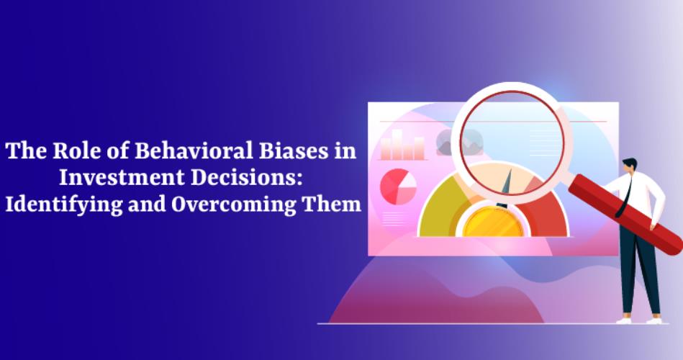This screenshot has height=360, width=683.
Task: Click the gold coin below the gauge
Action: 494,222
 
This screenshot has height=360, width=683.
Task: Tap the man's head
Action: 630,166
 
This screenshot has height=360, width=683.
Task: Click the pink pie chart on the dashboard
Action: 398,186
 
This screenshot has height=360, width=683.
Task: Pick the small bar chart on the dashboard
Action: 402,145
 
